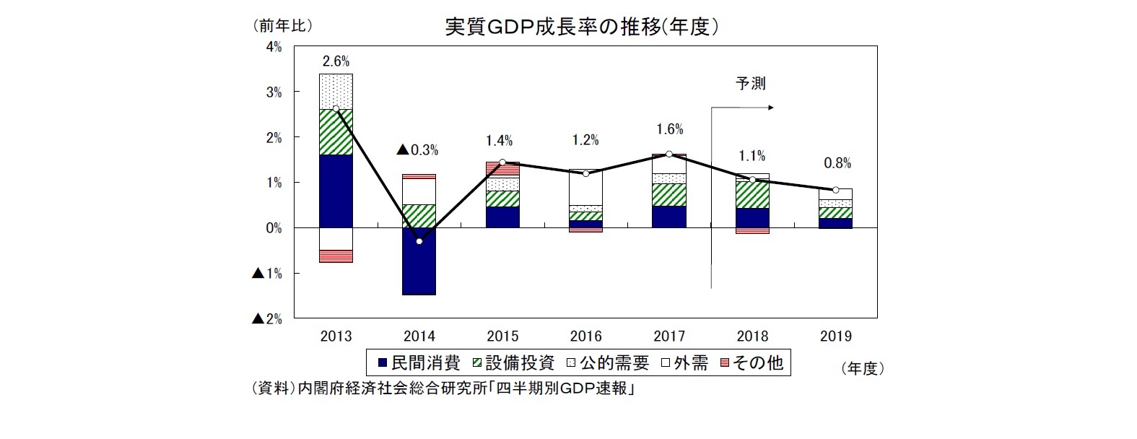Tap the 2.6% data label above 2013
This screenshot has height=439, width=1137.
(x=335, y=61)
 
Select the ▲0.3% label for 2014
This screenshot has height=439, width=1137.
(x=417, y=150)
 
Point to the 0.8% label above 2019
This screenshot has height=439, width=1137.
(x=837, y=163)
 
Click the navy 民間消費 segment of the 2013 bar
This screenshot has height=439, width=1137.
(x=336, y=191)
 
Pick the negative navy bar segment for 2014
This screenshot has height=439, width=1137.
(x=419, y=261)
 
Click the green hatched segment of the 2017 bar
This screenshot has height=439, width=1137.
(x=669, y=195)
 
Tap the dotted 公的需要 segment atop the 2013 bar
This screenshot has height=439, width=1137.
(x=336, y=92)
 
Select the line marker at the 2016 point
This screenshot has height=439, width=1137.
(x=585, y=173)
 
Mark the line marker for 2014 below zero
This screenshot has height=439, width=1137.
(x=419, y=241)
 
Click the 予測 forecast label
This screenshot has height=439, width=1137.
(x=750, y=84)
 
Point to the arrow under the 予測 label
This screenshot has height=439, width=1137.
(x=744, y=108)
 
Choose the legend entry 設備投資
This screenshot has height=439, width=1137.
(x=513, y=362)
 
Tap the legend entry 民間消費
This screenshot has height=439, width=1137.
(x=419, y=362)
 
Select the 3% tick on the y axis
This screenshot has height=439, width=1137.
(x=273, y=92)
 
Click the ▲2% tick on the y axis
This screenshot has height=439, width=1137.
(x=266, y=318)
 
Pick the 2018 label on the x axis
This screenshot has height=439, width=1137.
(x=753, y=336)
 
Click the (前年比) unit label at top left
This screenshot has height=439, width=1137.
(x=282, y=26)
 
